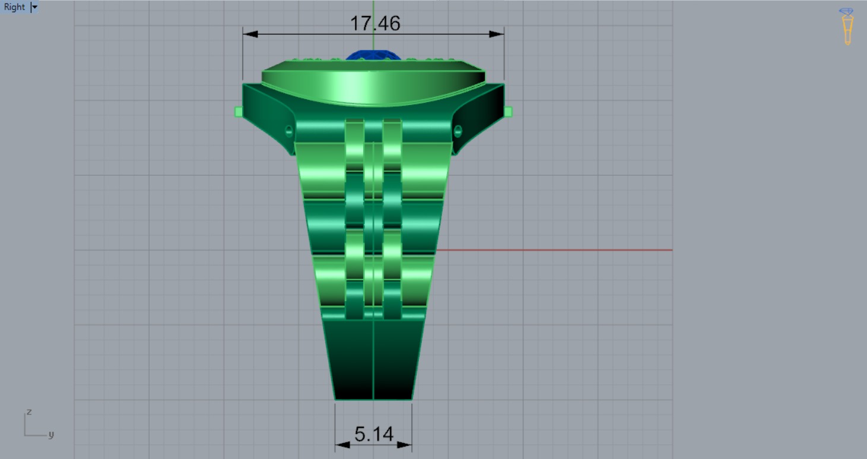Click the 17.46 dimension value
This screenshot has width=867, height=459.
[x=374, y=23]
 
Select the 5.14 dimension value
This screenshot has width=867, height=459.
[x=374, y=434]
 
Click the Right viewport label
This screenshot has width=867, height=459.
[x=14, y=7]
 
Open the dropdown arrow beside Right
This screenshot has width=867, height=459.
[x=34, y=7]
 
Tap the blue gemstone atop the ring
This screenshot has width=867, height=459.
[x=373, y=55]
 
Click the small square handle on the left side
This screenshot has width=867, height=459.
[x=239, y=112]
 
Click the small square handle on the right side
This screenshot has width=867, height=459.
[x=508, y=112]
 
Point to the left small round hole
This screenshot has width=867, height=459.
[x=289, y=131]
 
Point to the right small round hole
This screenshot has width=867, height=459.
[x=458, y=131]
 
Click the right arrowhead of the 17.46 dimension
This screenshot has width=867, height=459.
[x=497, y=34]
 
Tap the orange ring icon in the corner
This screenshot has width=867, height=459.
[x=847, y=27]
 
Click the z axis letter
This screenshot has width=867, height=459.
[x=28, y=411]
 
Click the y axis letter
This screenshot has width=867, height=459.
[x=51, y=435]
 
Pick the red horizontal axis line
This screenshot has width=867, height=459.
[x=552, y=250]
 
